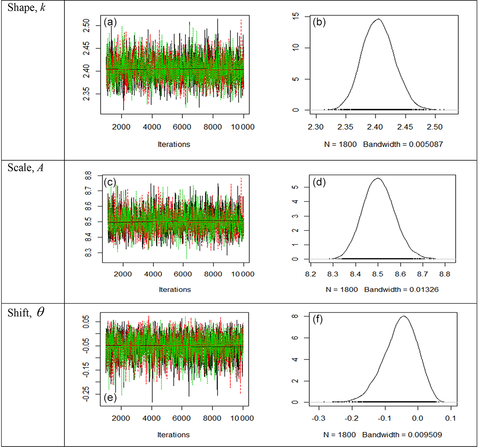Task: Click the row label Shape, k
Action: click(x=26, y=8)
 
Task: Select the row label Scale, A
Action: click(x=26, y=168)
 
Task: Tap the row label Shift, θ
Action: click(x=26, y=313)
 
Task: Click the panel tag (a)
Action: click(x=110, y=22)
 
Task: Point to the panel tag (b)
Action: click(x=319, y=22)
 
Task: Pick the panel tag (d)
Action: click(x=319, y=182)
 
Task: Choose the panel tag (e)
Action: click(x=110, y=398)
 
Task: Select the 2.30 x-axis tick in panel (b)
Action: click(x=315, y=127)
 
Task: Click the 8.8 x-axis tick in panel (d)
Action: click(x=445, y=274)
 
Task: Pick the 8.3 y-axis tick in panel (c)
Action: click(x=88, y=253)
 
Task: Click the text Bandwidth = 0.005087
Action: click(x=403, y=144)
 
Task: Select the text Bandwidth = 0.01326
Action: click(x=401, y=289)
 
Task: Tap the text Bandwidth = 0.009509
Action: click(x=402, y=435)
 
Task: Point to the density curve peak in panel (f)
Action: click(x=404, y=316)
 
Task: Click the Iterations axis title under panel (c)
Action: click(x=175, y=289)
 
